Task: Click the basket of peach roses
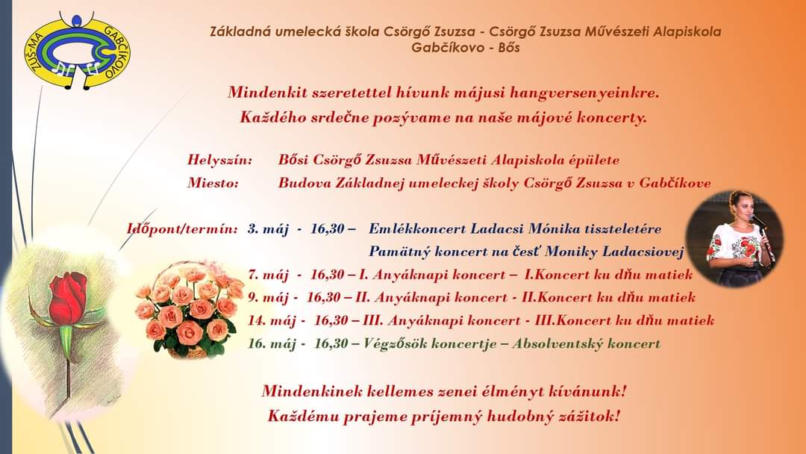(189, 310)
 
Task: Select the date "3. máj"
(268, 228)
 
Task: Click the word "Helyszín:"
(220, 161)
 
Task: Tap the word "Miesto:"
(213, 183)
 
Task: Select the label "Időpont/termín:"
(182, 228)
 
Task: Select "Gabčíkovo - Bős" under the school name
(466, 48)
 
